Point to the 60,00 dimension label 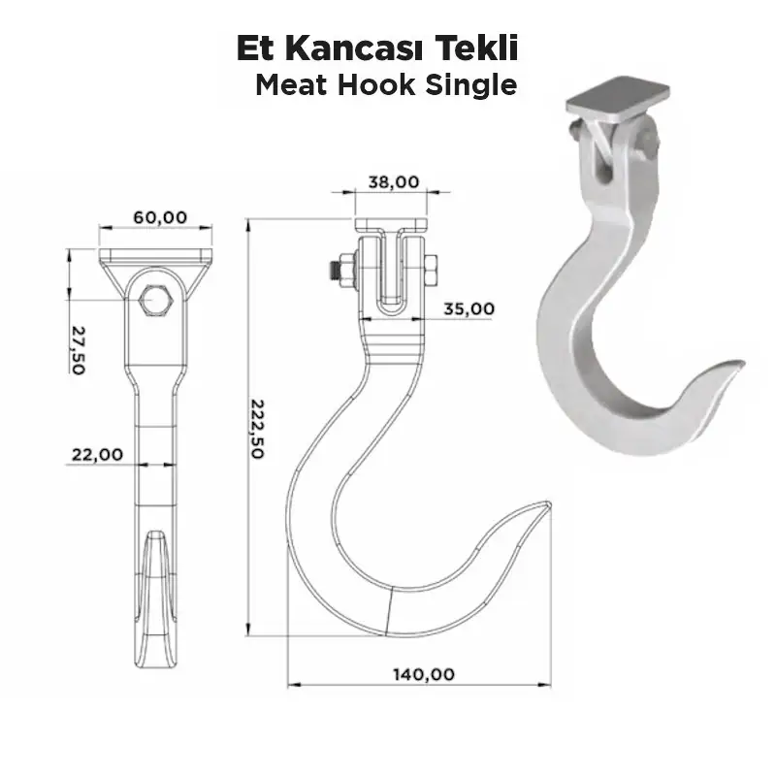[159, 217]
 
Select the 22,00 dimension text [97, 453]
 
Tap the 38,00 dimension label [393, 181]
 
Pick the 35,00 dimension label [469, 308]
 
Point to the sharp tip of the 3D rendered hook [742, 361]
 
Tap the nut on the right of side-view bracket [431, 270]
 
